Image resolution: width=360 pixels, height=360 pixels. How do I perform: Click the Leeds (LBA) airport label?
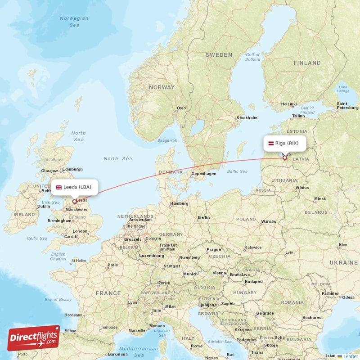pos(77,187)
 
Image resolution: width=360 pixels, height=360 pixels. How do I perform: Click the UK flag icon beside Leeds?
pos(58,187)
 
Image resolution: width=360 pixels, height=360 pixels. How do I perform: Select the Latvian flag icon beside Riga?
pos(271,144)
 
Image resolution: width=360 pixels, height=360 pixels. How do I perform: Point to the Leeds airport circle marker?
pos(75,202)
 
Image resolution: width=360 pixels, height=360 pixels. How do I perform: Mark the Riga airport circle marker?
pos(285,158)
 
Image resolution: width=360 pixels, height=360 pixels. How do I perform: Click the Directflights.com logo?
pos(34,338)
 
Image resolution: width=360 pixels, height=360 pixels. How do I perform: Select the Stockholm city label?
pos(247,118)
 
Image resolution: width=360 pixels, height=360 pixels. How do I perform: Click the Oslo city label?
pos(181,108)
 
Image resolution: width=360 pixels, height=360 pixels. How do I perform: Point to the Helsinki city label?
pos(288,104)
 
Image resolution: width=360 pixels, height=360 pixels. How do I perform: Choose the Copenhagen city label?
pos(204,173)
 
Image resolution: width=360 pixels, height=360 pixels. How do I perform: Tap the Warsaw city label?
pos(269,221)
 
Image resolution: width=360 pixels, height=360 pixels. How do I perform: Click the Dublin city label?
pos(44,207)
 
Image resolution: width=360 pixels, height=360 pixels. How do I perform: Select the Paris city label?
pos(112,265)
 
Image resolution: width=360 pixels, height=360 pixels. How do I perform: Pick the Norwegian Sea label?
pos(74,22)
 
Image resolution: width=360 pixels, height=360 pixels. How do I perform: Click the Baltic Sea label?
pos(237,171)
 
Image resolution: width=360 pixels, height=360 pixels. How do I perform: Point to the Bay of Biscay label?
pos(58,299)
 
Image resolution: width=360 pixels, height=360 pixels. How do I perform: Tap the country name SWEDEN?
pos(219,55)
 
